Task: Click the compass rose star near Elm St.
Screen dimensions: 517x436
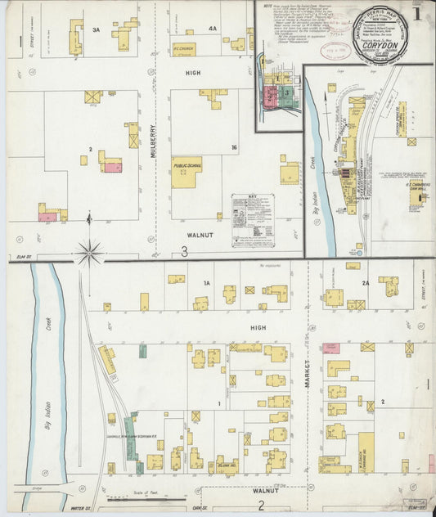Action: click(x=90, y=252)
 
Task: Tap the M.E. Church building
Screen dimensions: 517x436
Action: click(x=184, y=50)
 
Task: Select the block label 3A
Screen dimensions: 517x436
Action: click(x=96, y=29)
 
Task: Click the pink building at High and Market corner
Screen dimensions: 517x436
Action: click(x=331, y=348)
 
